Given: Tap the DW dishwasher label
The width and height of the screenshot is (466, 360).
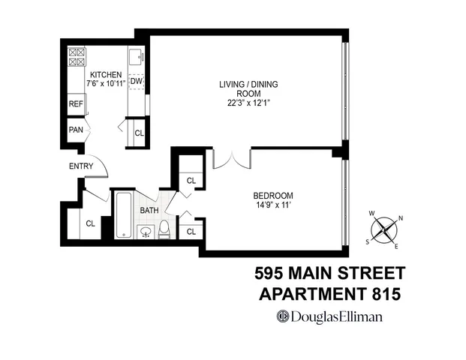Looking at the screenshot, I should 137,81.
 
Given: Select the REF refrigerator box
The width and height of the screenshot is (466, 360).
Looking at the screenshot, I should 76,104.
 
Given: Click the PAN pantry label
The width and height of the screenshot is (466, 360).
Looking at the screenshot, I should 75,130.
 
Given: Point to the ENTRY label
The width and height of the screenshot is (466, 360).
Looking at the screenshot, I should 80,166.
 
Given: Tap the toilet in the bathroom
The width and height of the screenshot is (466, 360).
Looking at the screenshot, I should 164,230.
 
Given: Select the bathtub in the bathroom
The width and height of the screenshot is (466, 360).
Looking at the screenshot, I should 124,215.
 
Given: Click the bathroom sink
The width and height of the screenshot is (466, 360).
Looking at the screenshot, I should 146,231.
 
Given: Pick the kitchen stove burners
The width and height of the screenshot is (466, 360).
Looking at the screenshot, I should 77,58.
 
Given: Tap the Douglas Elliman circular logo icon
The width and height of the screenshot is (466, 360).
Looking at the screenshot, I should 283,316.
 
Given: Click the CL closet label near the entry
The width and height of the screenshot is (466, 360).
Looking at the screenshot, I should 90,223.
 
